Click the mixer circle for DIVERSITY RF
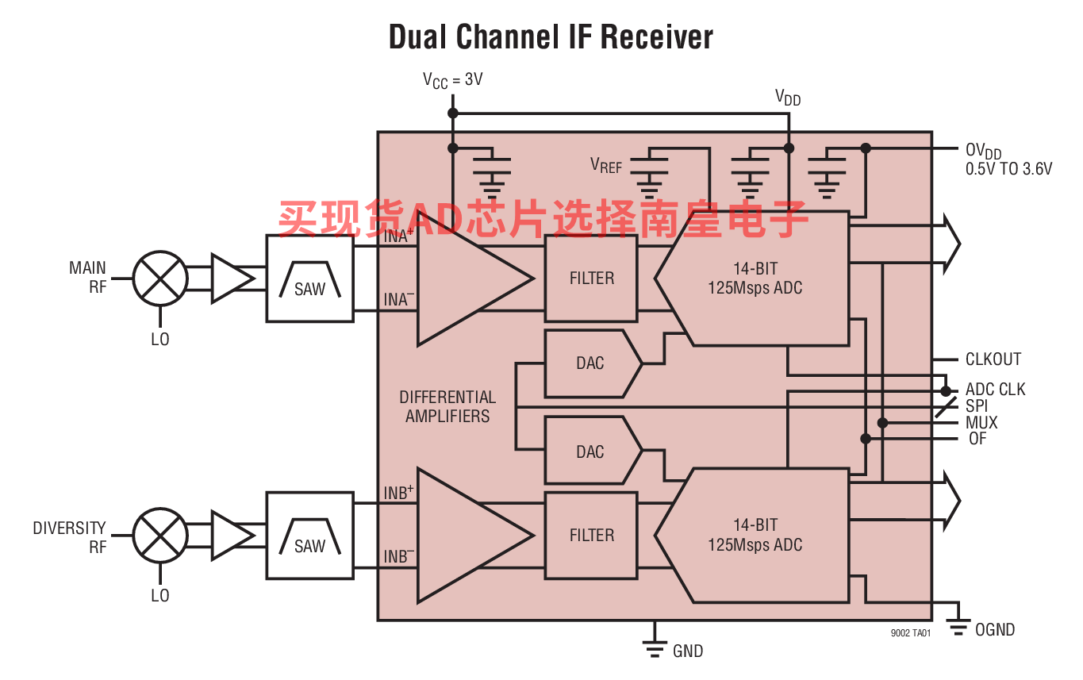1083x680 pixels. coord(160,535)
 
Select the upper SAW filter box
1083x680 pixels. coord(309,279)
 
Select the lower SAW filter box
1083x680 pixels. coord(309,535)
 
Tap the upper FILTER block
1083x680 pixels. coord(591,279)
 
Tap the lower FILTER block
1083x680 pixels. coord(591,535)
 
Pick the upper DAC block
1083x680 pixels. coord(591,363)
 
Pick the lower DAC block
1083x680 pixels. coord(591,451)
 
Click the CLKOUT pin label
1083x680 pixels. coord(993,359)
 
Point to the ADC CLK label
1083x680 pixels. coord(995,390)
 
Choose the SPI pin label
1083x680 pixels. coord(977,406)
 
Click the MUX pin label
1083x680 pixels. coord(981,423)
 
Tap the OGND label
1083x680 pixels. coord(994,630)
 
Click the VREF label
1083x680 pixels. coord(606,165)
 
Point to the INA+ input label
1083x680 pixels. coord(399,236)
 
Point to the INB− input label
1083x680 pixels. coord(399,556)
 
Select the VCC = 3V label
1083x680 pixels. coord(452,80)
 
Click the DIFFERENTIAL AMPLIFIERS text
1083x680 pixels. coord(447,406)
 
